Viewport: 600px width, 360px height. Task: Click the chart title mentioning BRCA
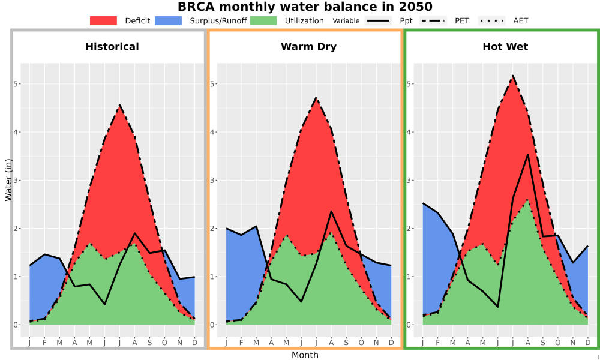click(x=305, y=7)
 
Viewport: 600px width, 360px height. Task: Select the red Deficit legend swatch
click(x=103, y=20)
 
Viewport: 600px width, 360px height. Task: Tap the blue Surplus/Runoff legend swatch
click(x=169, y=20)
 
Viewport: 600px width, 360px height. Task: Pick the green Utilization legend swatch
click(x=263, y=20)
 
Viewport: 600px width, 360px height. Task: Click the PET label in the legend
click(x=462, y=21)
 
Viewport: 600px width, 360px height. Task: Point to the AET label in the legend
click(x=520, y=21)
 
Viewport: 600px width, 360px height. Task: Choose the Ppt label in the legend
click(x=406, y=21)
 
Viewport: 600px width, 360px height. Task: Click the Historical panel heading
click(x=112, y=47)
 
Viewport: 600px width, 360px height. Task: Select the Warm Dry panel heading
click(x=308, y=47)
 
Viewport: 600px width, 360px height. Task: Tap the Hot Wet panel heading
click(x=505, y=47)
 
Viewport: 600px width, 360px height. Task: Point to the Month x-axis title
click(x=305, y=355)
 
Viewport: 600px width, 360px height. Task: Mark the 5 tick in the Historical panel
click(x=16, y=84)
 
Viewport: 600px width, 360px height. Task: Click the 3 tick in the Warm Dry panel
click(x=212, y=180)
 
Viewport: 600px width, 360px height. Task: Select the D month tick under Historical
click(x=195, y=343)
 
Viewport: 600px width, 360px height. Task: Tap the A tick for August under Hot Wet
click(x=527, y=343)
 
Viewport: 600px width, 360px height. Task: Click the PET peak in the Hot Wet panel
click(x=513, y=76)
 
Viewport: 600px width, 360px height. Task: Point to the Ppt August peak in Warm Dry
click(x=331, y=211)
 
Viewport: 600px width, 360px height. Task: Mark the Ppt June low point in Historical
click(x=104, y=304)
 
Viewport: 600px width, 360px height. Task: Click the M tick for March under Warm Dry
click(x=256, y=343)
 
